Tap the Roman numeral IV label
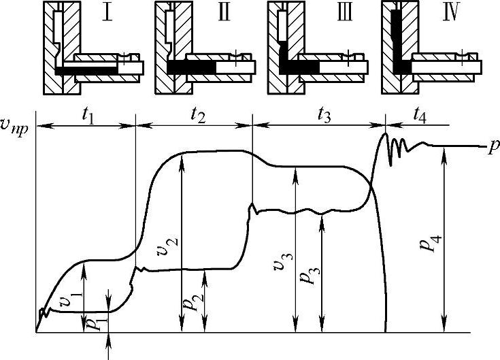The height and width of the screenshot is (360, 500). pyautogui.click(x=452, y=13)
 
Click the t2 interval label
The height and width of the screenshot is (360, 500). pyautogui.click(x=198, y=116)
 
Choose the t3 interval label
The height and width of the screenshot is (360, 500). pyautogui.click(x=324, y=116)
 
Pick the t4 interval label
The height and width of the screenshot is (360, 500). pyautogui.click(x=419, y=116)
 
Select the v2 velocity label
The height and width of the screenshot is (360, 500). pyautogui.click(x=167, y=247)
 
